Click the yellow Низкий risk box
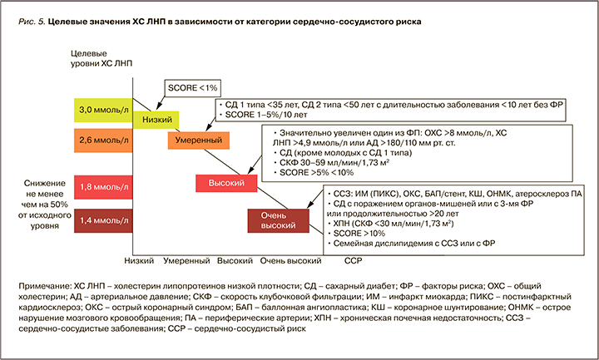(x=158, y=120)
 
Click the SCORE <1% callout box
(x=194, y=88)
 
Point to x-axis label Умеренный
(x=186, y=260)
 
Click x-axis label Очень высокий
(x=290, y=260)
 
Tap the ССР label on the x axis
(x=354, y=260)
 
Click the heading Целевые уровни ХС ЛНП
(x=98, y=59)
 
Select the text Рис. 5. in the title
(x=32, y=21)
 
